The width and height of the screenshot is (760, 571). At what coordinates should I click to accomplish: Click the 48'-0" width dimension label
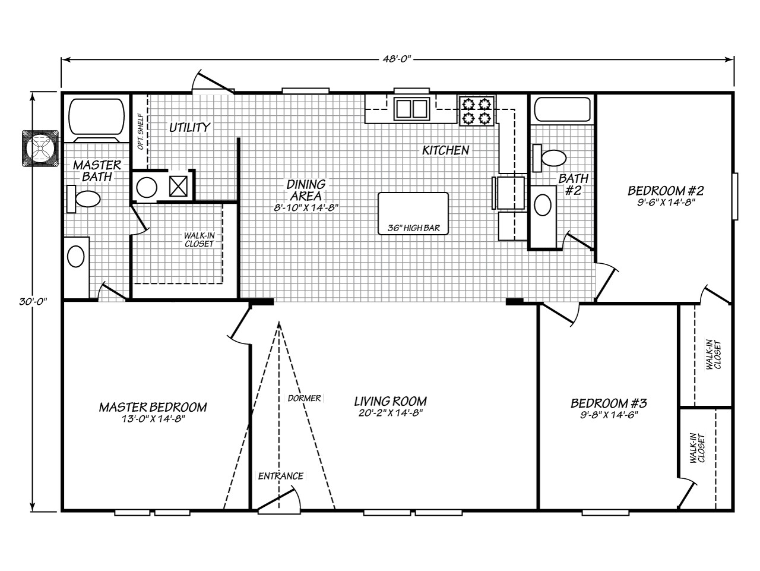[x=397, y=59]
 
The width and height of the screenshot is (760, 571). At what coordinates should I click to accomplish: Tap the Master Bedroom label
[x=153, y=407]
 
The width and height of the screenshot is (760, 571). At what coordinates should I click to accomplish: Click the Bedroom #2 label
[x=666, y=191]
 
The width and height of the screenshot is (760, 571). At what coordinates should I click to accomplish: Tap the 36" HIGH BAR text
[x=413, y=228]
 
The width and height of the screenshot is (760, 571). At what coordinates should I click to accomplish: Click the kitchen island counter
[x=413, y=211]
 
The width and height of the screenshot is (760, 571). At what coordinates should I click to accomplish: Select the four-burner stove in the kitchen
[x=477, y=111]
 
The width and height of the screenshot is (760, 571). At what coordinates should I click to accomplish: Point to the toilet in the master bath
[x=84, y=199]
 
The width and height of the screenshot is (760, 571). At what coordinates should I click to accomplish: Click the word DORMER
[x=304, y=398]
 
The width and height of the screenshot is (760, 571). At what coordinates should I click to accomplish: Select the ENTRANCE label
[x=280, y=476]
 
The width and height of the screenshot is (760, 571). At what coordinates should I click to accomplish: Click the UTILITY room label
[x=189, y=127]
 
